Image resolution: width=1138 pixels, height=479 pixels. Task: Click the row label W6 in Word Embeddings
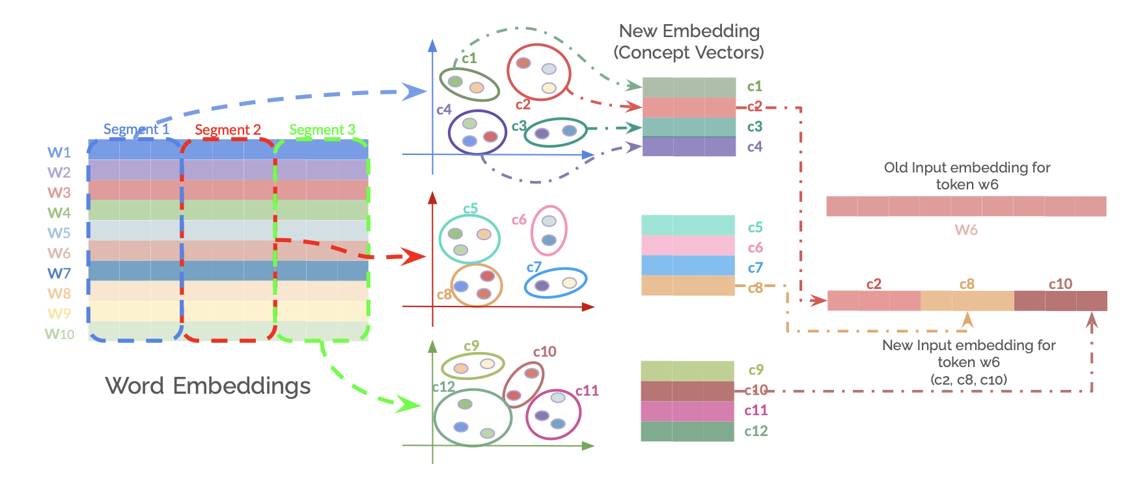pyautogui.click(x=59, y=253)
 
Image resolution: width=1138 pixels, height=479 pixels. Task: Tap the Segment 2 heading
pyautogui.click(x=228, y=130)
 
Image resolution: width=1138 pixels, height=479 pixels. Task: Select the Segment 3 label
pyautogui.click(x=322, y=130)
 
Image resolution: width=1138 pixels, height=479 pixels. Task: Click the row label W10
pyautogui.click(x=59, y=334)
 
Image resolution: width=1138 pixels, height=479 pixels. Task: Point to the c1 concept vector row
pyautogui.click(x=689, y=87)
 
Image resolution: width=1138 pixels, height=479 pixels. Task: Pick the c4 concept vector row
pyautogui.click(x=689, y=146)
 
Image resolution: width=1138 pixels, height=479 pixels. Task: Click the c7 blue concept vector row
pyautogui.click(x=688, y=266)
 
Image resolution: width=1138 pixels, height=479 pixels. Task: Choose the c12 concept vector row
pyautogui.click(x=687, y=431)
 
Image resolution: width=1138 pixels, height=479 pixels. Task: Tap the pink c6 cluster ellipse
pyautogui.click(x=549, y=230)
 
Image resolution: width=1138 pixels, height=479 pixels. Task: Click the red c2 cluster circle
pyautogui.click(x=538, y=72)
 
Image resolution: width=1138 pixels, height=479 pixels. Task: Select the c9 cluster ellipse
pyautogui.click(x=473, y=366)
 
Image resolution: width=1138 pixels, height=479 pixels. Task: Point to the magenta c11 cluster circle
pyautogui.click(x=553, y=414)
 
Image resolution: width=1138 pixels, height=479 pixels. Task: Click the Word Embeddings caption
pyautogui.click(x=208, y=386)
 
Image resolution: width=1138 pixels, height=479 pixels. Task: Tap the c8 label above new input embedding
pyautogui.click(x=967, y=284)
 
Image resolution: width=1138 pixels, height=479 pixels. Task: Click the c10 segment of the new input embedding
pyautogui.click(x=1061, y=301)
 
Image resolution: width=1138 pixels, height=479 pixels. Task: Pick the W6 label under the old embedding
pyautogui.click(x=966, y=230)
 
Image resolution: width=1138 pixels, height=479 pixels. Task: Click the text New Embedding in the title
pyautogui.click(x=689, y=31)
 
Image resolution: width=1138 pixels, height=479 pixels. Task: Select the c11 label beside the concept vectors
pyautogui.click(x=756, y=411)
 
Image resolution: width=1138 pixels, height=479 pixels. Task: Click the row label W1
pyautogui.click(x=59, y=152)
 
